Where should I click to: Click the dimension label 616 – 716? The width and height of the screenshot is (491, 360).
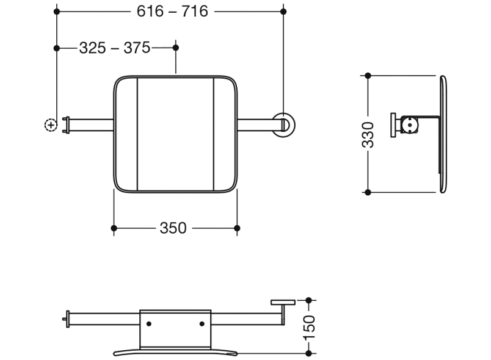point(172,11)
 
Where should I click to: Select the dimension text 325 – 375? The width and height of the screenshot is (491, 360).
point(115,48)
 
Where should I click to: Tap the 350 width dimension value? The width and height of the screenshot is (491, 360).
point(173,228)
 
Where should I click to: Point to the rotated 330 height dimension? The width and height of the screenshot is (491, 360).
point(368,134)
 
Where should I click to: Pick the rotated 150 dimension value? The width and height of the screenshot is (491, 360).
point(309,328)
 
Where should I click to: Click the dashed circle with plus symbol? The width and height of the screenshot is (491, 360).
point(51,124)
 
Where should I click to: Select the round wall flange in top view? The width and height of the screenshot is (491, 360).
point(284,124)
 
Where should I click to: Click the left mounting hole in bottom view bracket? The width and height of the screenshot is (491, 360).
point(150,324)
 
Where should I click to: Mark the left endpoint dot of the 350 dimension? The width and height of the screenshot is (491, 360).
point(114,228)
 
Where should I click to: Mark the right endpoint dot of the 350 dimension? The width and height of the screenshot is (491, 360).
point(237,228)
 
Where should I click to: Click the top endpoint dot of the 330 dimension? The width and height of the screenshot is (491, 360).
point(368,76)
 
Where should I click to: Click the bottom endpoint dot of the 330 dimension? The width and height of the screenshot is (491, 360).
point(368,193)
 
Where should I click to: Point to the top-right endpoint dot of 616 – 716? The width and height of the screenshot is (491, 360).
point(283,11)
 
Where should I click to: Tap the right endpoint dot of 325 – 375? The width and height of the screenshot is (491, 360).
point(176,48)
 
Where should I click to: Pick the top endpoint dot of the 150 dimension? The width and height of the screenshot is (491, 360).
point(309,300)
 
